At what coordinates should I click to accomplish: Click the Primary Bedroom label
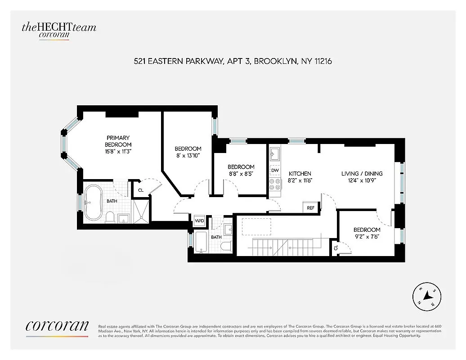click(x=118, y=141)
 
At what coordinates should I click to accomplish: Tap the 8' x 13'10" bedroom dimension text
click(x=188, y=156)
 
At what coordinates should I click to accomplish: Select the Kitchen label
click(x=300, y=174)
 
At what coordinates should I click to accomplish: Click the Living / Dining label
click(x=362, y=174)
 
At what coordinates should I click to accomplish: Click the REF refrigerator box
click(x=310, y=208)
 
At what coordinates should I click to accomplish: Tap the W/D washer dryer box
click(x=199, y=221)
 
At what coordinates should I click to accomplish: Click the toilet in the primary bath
click(x=110, y=217)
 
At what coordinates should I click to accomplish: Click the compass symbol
click(x=424, y=297)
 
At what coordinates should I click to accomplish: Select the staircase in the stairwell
click(x=282, y=246)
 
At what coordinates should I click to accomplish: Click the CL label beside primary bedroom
click(x=141, y=190)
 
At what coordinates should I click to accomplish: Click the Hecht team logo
click(x=58, y=30)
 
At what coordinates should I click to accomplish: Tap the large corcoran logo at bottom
click(x=57, y=327)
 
